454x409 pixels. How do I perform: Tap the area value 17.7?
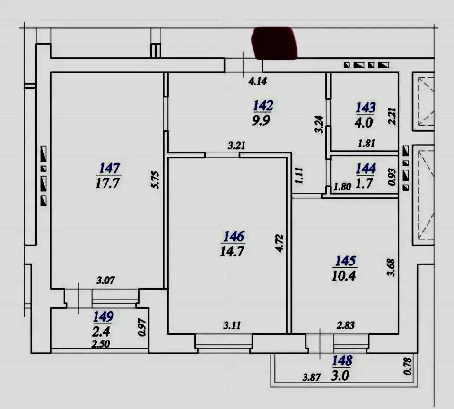point(107,183)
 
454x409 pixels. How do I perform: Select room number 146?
point(234,237)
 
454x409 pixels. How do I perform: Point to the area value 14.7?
point(232,251)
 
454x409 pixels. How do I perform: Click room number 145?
point(345,261)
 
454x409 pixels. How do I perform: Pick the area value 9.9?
point(261,120)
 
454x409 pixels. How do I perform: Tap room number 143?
point(366,108)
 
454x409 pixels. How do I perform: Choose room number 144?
point(366,168)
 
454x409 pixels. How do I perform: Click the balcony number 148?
point(342,360)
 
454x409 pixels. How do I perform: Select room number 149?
point(104,317)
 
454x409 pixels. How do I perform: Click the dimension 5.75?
point(156,180)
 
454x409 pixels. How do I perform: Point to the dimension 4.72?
point(279,243)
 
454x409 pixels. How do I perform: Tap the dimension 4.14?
point(258,81)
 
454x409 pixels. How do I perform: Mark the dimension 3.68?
point(391,268)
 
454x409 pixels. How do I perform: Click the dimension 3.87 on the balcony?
point(312,377)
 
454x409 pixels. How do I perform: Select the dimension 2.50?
point(100,344)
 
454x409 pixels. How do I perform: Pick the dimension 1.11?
point(299,176)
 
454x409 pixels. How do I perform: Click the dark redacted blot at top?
point(274,43)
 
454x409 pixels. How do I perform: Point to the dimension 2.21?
point(393,116)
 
